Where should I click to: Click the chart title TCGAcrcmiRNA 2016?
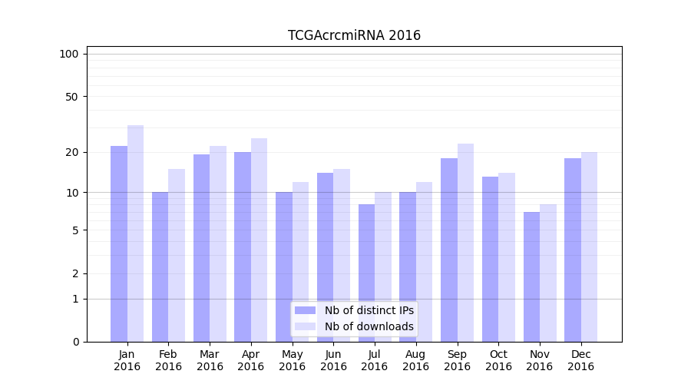pyautogui.click(x=354, y=35)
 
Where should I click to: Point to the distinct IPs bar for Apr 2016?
pyautogui.click(x=243, y=247)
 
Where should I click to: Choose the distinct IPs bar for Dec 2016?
pyautogui.click(x=573, y=250)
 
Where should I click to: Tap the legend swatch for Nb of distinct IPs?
pyautogui.click(x=305, y=310)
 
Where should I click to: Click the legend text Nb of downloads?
pyautogui.click(x=369, y=326)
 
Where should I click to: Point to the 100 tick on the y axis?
pyautogui.click(x=69, y=54)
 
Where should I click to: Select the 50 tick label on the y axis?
pyautogui.click(x=71, y=97)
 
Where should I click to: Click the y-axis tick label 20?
pyautogui.click(x=71, y=152)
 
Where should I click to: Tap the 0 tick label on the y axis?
pyautogui.click(x=75, y=342)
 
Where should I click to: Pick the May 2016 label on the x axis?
pyautogui.click(x=292, y=360)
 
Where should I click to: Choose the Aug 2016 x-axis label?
pyautogui.click(x=415, y=360)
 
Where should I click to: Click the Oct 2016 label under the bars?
pyautogui.click(x=498, y=360)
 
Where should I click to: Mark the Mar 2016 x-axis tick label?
pyautogui.click(x=210, y=360)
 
